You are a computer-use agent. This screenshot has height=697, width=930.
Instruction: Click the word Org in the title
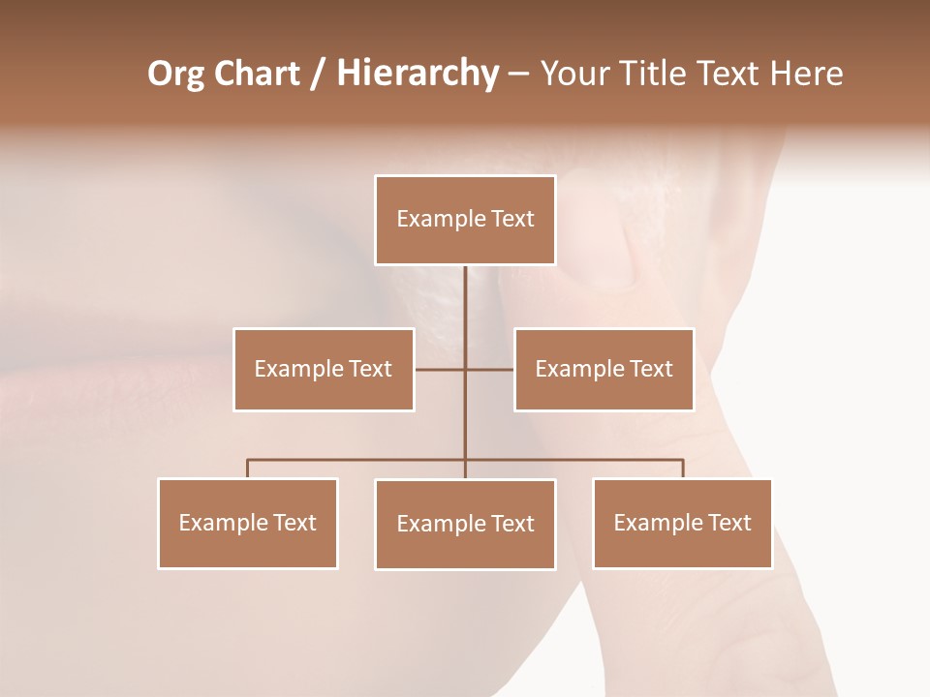coord(175,74)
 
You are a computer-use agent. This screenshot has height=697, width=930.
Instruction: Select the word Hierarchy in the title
coord(417,74)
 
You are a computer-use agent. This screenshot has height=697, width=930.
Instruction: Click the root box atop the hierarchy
coord(465,220)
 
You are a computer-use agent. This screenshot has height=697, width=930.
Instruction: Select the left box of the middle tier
coord(324,369)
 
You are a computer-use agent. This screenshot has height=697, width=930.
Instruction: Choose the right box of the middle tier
coord(604,369)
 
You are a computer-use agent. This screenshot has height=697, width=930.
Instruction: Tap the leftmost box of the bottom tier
coord(248,523)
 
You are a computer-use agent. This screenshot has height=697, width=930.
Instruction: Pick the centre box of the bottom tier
coord(465,524)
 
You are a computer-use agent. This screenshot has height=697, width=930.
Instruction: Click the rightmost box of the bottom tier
coord(682,523)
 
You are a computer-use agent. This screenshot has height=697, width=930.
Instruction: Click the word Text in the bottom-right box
coord(729,523)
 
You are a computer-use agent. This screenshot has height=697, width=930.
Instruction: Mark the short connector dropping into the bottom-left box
coord(248,469)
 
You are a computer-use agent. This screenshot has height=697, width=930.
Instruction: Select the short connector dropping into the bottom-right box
coord(683,469)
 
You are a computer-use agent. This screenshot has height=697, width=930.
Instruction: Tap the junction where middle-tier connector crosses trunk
coord(465,369)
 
